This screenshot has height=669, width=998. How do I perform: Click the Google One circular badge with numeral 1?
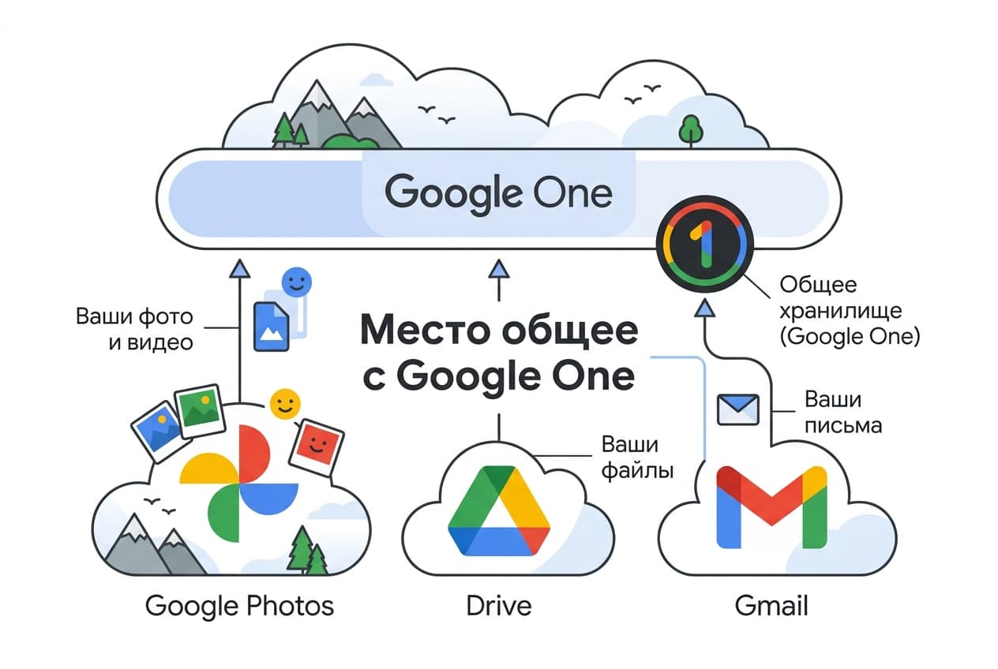tap(704, 244)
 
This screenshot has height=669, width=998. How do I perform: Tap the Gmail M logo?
tap(771, 507)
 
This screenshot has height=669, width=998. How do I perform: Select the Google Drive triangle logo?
tap(499, 510)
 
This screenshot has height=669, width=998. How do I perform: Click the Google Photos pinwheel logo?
tap(238, 484)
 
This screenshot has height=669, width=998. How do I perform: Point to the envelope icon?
tap(737, 409)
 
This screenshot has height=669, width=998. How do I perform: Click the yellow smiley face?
tap(285, 404)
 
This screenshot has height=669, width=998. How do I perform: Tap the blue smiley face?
tap(297, 282)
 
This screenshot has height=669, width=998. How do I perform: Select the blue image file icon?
tap(271, 327)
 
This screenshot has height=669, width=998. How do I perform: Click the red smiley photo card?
tap(317, 447)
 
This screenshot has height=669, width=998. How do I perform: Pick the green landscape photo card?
tap(200, 411)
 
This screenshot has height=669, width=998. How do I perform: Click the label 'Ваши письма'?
tap(843, 413)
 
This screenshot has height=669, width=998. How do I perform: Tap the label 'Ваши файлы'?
tap(637, 457)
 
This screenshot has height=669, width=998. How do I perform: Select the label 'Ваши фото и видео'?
tap(134, 330)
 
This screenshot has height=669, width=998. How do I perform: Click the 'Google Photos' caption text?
tap(240, 606)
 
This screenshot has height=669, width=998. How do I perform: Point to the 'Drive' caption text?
tap(499, 606)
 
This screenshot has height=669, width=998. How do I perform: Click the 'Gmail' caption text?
tap(771, 606)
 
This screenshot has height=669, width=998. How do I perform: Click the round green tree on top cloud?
tap(691, 130)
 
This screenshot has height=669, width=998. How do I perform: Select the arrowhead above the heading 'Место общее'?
tap(498, 269)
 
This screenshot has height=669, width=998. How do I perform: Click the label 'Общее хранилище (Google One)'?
tap(850, 310)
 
